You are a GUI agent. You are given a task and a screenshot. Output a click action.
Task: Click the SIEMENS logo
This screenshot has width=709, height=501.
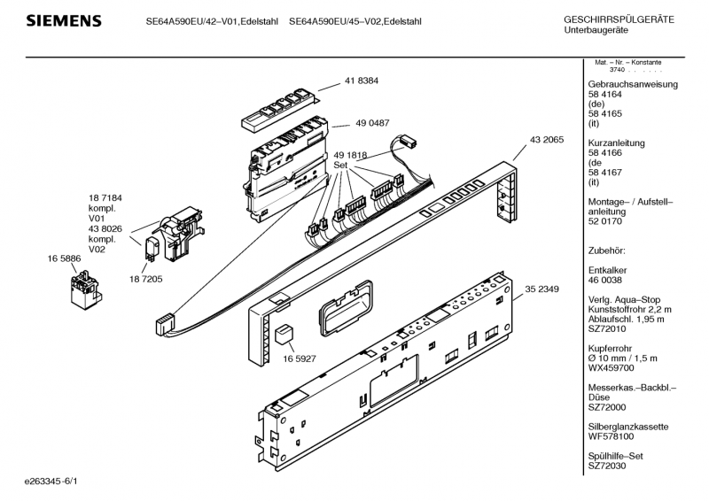(x=61, y=20)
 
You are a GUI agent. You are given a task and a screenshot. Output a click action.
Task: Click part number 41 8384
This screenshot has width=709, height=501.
(x=360, y=80)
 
